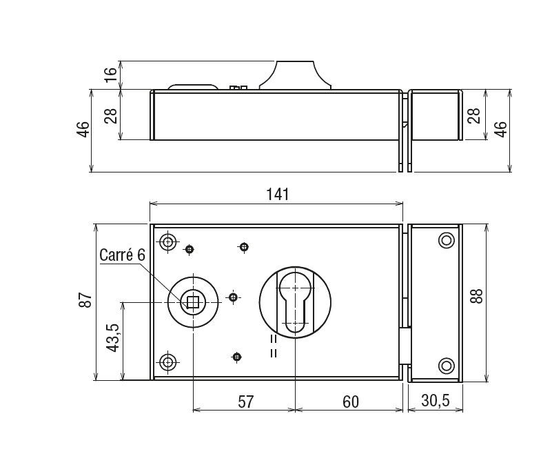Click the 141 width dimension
click(278, 194)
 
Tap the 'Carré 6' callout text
click(122, 255)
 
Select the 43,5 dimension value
click(113, 337)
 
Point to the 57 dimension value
click(246, 402)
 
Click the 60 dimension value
click(351, 402)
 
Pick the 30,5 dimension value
click(436, 401)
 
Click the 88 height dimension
click(477, 296)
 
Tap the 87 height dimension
click(85, 300)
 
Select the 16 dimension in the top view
click(110, 75)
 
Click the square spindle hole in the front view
click(193, 302)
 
